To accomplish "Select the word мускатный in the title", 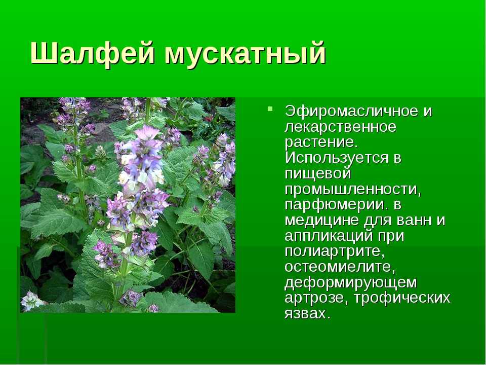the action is pyautogui.click(x=245, y=54).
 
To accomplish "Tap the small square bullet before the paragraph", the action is pyautogui.click(x=270, y=108).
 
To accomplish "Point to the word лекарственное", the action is pyautogui.click(x=340, y=127).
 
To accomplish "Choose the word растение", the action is pyautogui.click(x=319, y=143).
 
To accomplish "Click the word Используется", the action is pyautogui.click(x=336, y=158).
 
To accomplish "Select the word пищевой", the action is pyautogui.click(x=318, y=174).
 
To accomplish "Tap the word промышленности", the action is pyautogui.click(x=353, y=189).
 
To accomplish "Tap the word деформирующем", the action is pyautogui.click(x=350, y=283).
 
